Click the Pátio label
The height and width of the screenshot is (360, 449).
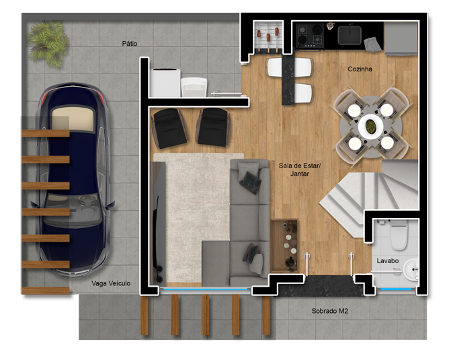tap(130, 44)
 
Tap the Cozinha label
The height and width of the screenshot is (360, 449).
tap(360, 69)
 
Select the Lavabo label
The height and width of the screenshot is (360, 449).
tap(387, 261)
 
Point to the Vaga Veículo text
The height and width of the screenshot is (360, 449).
tap(111, 283)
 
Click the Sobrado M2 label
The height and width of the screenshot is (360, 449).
tap(329, 311)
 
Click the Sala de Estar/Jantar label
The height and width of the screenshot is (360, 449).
tap(300, 170)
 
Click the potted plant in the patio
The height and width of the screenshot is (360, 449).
tap(48, 43)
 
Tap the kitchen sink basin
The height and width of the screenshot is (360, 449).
tap(350, 35)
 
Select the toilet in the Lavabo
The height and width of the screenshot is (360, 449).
tap(399, 235)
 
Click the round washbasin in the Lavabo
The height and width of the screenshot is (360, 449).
tap(411, 269)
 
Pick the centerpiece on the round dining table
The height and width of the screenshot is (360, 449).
tap(371, 126)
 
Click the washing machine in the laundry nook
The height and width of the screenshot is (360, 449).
tap(165, 83)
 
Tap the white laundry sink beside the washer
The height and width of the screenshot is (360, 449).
tap(194, 87)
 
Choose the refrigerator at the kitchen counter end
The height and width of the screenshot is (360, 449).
tap(401, 38)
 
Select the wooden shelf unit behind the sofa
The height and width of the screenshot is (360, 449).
tap(284, 246)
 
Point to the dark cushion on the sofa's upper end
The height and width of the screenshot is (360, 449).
tap(251, 183)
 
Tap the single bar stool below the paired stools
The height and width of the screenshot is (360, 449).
tap(304, 94)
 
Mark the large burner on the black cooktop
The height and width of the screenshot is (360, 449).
tap(317, 29)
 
